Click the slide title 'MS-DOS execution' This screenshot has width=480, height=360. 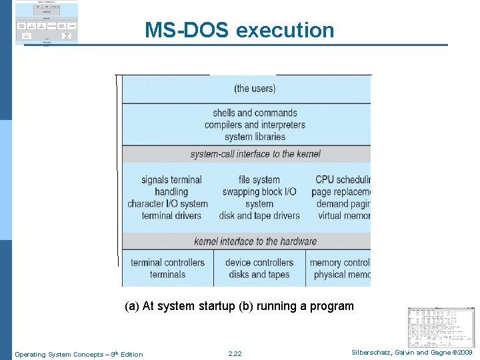239,30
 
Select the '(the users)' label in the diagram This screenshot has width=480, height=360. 255,88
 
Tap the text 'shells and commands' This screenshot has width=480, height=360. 255,113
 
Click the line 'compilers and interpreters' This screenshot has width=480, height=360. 255,125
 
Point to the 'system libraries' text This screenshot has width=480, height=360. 255,137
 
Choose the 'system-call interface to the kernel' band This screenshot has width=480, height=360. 255,154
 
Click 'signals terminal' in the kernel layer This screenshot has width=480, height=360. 171,179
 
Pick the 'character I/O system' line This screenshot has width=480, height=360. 167,203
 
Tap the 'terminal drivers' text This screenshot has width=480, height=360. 171,215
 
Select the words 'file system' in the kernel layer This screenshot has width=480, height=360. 259,179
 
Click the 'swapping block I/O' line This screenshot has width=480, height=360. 259,191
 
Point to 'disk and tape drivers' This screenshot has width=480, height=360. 259,215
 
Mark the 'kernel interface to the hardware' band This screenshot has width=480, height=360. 255,241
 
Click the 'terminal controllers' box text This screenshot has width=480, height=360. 167,262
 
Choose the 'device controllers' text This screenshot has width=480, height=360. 259,262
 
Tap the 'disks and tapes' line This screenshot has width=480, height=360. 259,274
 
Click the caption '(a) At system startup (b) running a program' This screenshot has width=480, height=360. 239,306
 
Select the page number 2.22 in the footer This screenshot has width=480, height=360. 235,354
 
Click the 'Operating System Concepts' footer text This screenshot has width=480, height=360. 79,354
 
